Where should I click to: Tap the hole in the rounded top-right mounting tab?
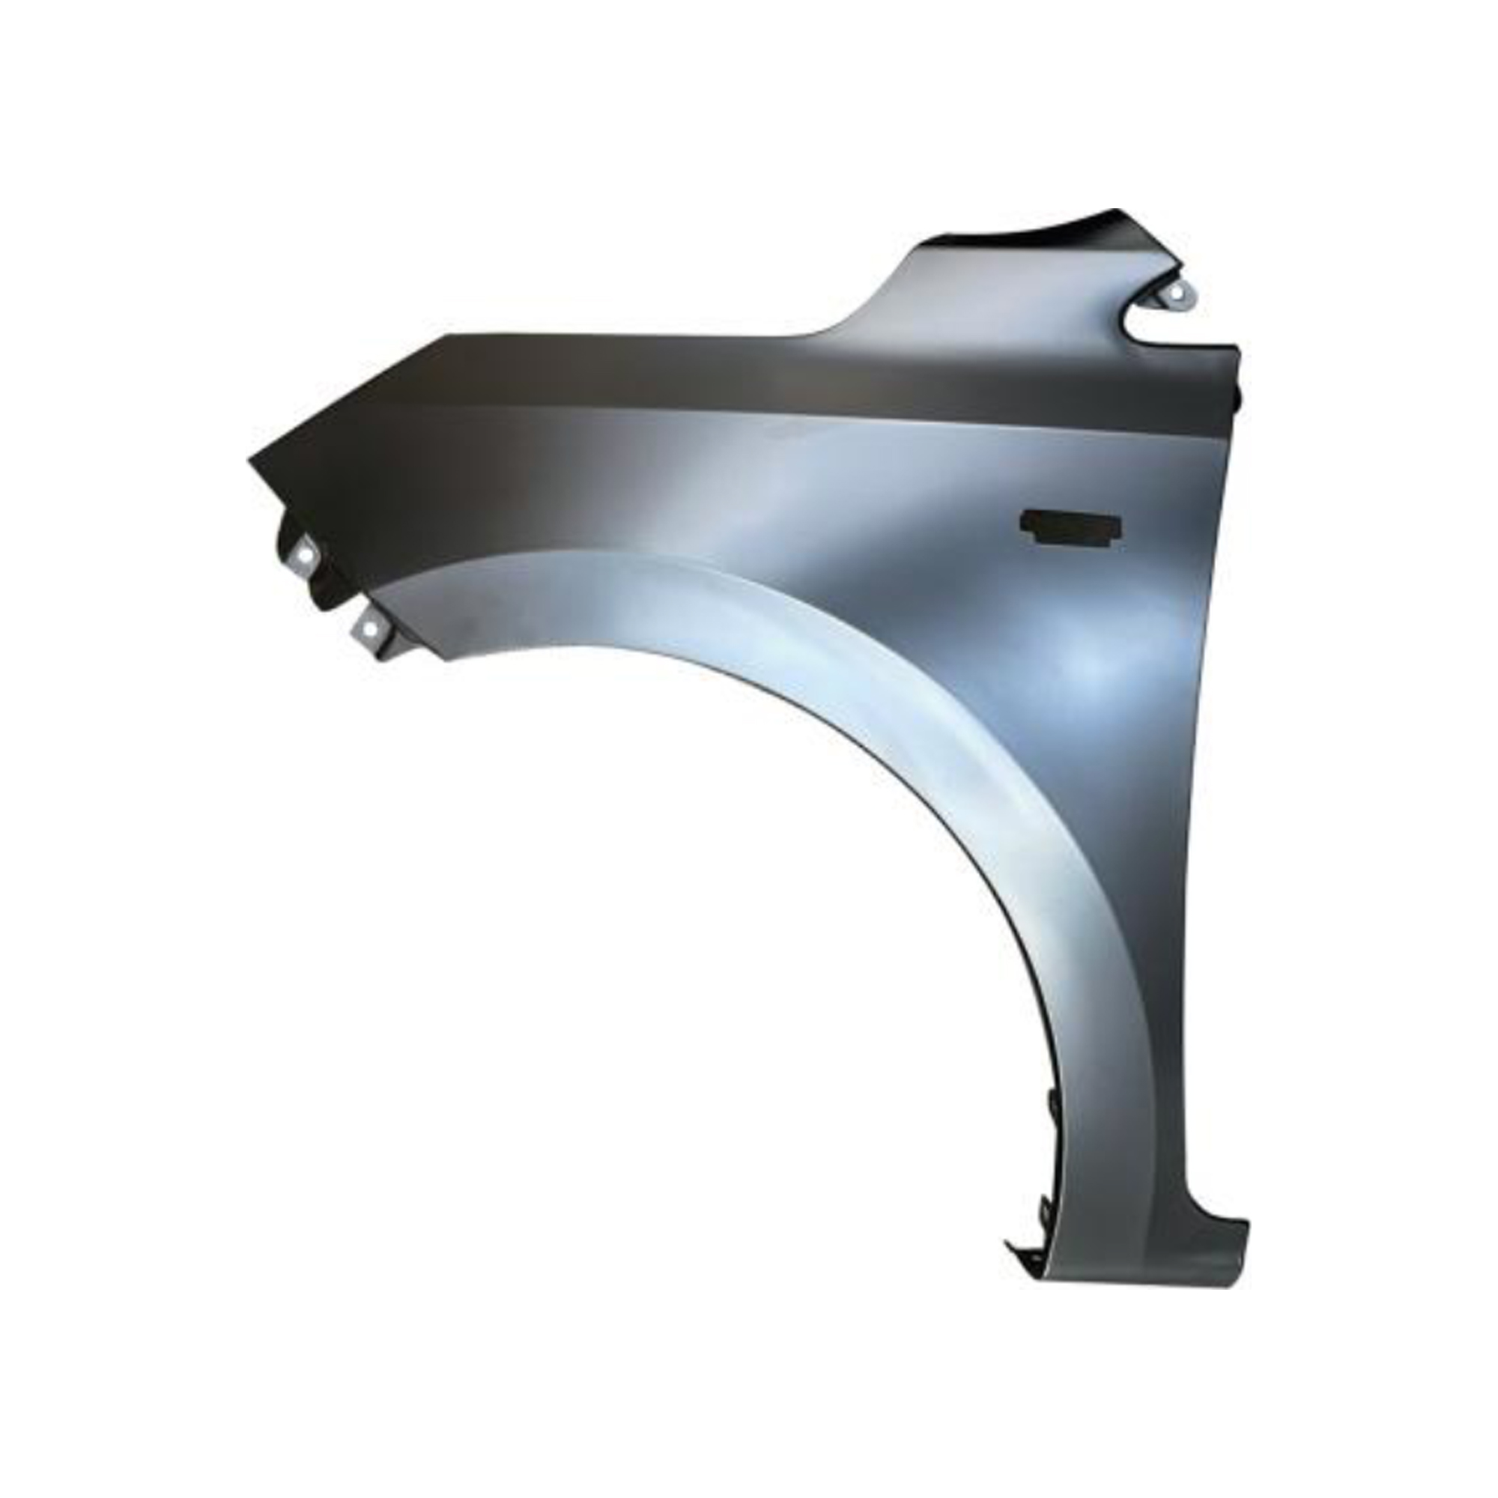pos(1176,294)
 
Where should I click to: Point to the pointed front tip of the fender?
pos(250,462)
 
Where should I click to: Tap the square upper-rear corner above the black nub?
pos(1237,351)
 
